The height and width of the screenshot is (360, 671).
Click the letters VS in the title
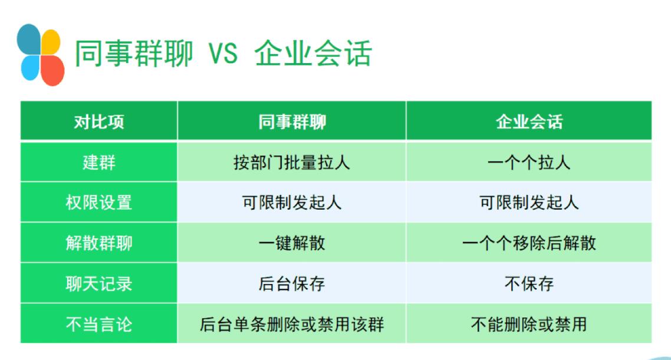click(223, 54)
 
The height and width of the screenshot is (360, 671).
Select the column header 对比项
click(99, 122)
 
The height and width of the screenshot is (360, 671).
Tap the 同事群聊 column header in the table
click(292, 122)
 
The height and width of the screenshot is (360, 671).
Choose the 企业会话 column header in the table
click(529, 122)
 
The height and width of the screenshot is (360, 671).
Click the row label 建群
click(99, 163)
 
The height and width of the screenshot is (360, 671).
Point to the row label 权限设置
click(99, 202)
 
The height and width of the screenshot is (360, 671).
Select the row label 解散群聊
click(99, 243)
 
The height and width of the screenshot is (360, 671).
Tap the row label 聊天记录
click(99, 283)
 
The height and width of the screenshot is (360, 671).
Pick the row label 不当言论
click(99, 324)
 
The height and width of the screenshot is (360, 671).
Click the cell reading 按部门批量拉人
click(292, 163)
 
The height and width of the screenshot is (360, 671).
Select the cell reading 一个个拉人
click(529, 163)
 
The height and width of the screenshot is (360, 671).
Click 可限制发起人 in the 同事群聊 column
click(292, 202)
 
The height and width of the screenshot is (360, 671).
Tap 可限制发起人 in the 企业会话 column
click(529, 202)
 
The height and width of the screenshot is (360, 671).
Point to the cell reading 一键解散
click(292, 243)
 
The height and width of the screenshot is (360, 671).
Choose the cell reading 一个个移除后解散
click(529, 243)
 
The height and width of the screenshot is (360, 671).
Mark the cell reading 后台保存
click(292, 283)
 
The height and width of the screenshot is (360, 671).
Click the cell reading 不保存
click(529, 283)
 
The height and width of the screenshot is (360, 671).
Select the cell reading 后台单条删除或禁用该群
click(292, 324)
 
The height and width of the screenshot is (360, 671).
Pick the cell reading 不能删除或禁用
click(529, 324)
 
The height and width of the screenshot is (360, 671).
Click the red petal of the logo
click(52, 70)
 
